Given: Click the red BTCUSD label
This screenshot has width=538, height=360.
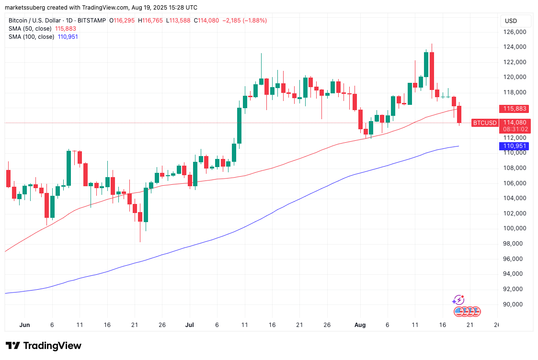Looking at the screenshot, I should [485, 123].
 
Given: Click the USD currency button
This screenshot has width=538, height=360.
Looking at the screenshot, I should [511, 21].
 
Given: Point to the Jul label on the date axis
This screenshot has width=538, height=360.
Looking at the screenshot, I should [190, 325].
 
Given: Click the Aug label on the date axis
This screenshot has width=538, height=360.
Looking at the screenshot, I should [360, 325].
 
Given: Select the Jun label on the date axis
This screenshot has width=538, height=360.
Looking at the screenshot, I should [24, 325].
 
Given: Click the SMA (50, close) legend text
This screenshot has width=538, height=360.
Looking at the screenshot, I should [30, 29].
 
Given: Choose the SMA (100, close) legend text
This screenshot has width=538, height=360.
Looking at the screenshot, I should [32, 37].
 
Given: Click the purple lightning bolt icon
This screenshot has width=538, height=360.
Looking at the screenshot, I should [458, 300].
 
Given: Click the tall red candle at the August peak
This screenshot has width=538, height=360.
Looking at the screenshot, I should [432, 70].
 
